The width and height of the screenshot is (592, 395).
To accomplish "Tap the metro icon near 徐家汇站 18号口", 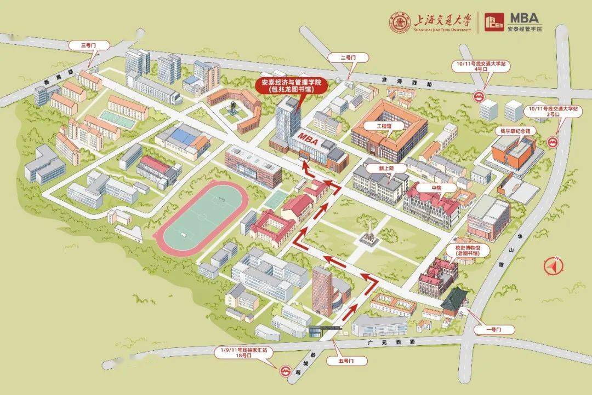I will (284, 371).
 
